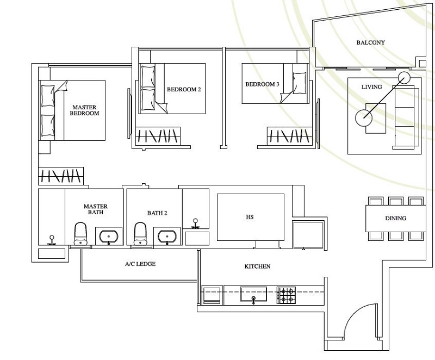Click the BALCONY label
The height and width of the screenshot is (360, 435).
[x=371, y=42]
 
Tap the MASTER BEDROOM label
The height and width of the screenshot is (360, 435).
[x=85, y=110]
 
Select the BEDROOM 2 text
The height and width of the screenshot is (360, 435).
[x=184, y=89]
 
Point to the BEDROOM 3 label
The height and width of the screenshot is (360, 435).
[x=262, y=84]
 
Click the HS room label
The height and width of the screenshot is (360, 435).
[x=250, y=217]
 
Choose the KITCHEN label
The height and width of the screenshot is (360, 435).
[x=257, y=266]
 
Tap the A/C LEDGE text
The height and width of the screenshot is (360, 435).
[x=140, y=264]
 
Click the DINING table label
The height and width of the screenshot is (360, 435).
[x=395, y=219]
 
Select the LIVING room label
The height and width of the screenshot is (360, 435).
[x=372, y=87]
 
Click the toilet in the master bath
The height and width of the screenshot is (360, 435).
[x=80, y=233]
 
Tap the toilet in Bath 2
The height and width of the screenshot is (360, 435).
[x=140, y=233]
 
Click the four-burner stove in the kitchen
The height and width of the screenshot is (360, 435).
[x=287, y=295]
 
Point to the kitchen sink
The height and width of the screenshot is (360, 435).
[x=253, y=294]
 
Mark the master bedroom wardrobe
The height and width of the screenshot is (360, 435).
[x=61, y=176]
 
